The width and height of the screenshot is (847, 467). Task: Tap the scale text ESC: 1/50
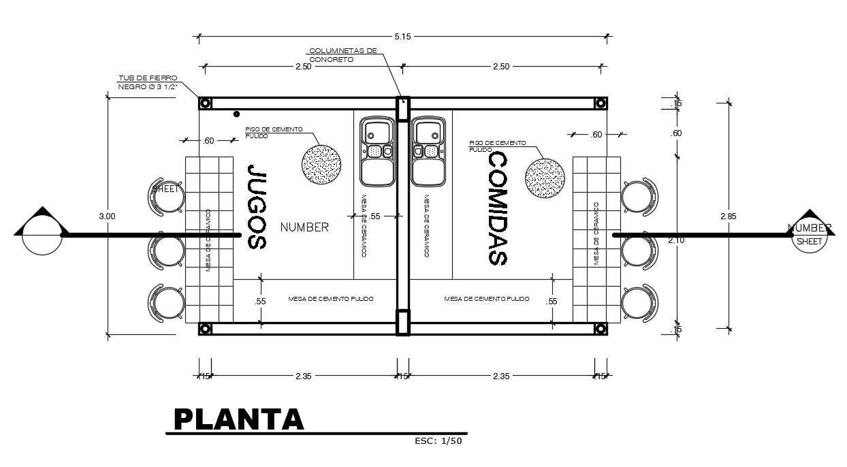click(438, 441)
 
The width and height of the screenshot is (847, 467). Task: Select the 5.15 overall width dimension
click(402, 37)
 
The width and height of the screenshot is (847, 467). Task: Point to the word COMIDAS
click(498, 208)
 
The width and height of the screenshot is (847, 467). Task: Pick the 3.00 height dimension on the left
click(107, 216)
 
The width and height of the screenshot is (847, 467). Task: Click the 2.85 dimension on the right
click(728, 216)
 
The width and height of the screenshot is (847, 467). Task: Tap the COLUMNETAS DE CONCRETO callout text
click(342, 55)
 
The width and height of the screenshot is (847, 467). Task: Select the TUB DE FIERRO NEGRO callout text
click(148, 82)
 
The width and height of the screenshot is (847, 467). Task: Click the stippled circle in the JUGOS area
click(321, 164)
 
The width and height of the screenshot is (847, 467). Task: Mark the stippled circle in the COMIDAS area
click(545, 178)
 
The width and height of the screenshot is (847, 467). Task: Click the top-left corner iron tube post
click(205, 103)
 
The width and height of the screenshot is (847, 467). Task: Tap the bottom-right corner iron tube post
click(601, 328)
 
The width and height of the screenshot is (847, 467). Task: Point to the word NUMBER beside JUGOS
click(304, 227)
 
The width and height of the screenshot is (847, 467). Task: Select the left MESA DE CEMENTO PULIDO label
click(331, 299)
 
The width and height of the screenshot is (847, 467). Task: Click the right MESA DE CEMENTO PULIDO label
click(487, 299)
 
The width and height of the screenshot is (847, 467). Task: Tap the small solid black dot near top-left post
click(236, 114)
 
